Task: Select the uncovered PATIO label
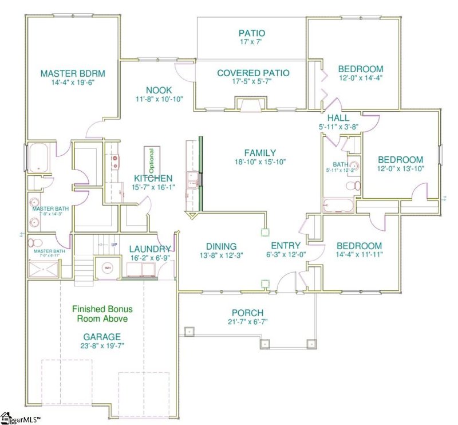(x=252, y=33)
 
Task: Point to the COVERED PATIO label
(x=252, y=73)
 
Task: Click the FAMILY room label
(x=260, y=153)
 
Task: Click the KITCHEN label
(x=153, y=179)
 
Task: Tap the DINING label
(x=218, y=247)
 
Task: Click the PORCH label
(x=247, y=313)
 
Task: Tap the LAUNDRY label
(x=149, y=249)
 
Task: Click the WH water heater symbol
(x=107, y=267)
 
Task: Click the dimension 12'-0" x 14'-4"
(x=360, y=78)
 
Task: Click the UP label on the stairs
(x=114, y=245)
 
